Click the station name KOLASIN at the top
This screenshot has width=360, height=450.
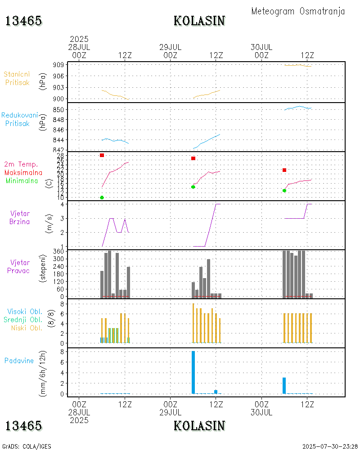coord(199,21)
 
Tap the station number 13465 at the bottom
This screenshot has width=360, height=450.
coord(24,426)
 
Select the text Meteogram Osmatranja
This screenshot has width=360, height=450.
coord(298,11)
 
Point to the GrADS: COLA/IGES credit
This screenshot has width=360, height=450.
coord(27,446)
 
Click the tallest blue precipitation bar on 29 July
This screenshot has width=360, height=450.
coord(193,372)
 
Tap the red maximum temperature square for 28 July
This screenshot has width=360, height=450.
coord(102,155)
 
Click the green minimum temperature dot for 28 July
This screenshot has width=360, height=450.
coord(102,198)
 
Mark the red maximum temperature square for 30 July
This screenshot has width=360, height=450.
coord(284,170)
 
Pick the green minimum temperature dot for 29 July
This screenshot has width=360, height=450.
coord(193,187)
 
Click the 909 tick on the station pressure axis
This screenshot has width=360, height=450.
coord(58,65)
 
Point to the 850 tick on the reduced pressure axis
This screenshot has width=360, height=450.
coord(58,109)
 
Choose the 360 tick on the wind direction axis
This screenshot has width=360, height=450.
coord(58,252)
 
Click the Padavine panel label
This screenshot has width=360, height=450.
coord(19,360)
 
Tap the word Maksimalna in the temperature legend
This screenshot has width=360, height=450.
coord(23,172)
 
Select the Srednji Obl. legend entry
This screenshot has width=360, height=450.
coord(23,319)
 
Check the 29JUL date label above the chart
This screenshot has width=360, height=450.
coord(170,47)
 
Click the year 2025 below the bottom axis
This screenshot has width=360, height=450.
coord(79,420)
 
